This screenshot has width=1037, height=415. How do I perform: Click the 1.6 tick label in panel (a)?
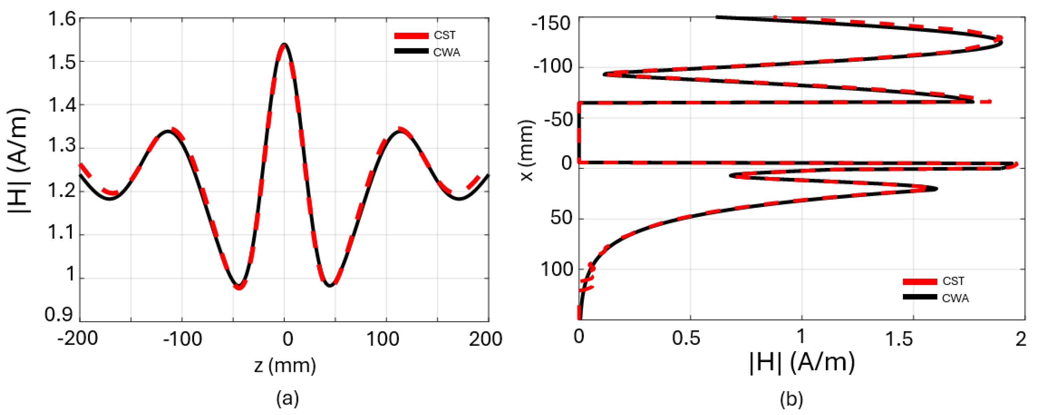click(62, 19)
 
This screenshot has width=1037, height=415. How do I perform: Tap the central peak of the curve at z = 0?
click(284, 44)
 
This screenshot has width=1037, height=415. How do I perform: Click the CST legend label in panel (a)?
click(444, 35)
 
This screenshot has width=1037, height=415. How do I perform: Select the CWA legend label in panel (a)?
click(447, 52)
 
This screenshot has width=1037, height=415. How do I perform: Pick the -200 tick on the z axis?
click(78, 339)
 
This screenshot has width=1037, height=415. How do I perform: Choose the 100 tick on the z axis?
click(383, 339)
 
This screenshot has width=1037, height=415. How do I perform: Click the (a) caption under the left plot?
click(288, 399)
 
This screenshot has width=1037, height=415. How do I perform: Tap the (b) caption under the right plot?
click(791, 399)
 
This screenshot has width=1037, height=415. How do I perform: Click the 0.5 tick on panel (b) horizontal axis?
click(686, 338)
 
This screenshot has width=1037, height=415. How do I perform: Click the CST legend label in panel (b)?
click(953, 281)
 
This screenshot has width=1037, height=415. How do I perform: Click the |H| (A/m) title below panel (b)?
click(802, 363)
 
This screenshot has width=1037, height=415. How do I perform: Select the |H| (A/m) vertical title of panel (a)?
click(19, 161)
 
